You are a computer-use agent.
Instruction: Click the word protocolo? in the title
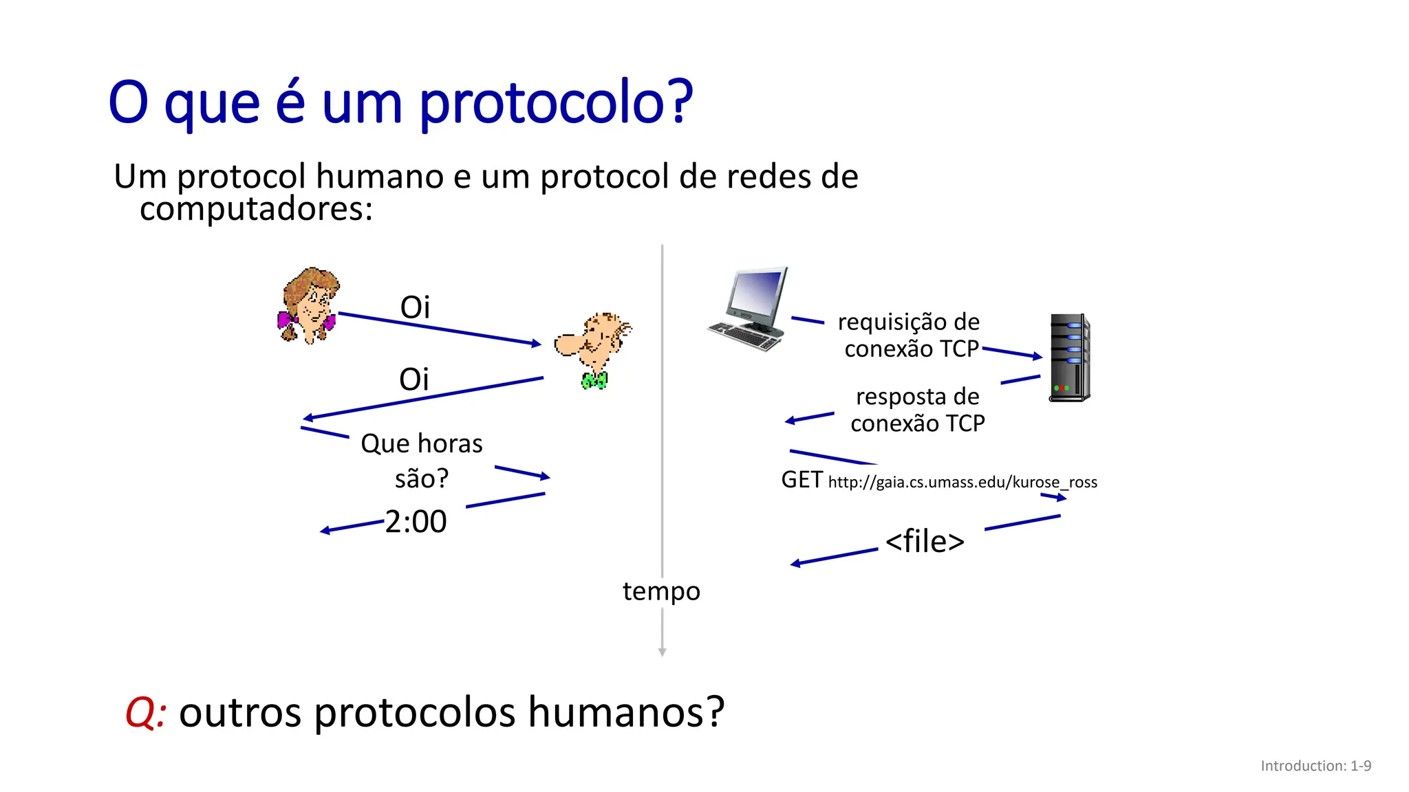click(555, 103)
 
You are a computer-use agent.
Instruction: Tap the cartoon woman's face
click(314, 307)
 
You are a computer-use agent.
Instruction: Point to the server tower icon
click(1069, 357)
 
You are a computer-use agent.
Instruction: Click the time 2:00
click(416, 522)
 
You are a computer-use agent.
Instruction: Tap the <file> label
click(925, 541)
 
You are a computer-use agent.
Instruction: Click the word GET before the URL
click(802, 480)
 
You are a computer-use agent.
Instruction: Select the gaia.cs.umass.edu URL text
click(962, 482)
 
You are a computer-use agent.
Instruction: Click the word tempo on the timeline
click(661, 591)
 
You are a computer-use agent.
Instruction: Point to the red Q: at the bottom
click(145, 712)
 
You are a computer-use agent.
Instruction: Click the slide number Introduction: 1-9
click(1315, 766)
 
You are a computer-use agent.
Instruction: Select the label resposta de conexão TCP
click(917, 410)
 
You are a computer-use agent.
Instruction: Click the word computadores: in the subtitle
click(256, 209)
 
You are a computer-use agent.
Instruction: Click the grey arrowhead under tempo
click(662, 652)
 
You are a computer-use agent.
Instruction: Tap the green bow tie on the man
click(594, 380)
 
